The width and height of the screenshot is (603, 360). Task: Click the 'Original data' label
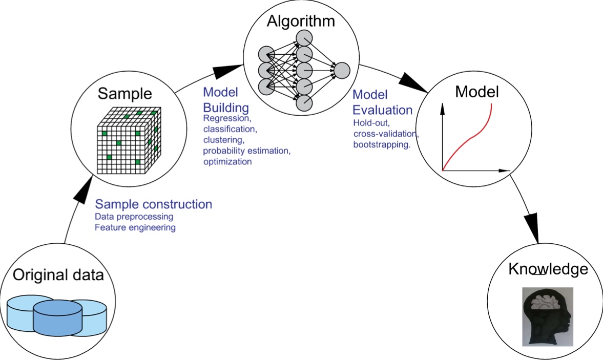click(58, 275)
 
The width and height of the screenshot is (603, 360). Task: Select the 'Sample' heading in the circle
click(125, 94)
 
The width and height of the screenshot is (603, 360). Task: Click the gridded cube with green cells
click(128, 140)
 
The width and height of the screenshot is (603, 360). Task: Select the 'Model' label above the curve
click(476, 92)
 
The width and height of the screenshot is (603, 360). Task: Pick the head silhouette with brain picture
click(547, 316)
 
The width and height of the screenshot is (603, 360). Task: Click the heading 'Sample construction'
click(154, 204)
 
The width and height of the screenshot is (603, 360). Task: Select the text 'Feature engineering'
click(135, 228)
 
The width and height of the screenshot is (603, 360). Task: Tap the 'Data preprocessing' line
click(134, 217)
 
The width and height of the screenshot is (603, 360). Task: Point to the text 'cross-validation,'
click(386, 134)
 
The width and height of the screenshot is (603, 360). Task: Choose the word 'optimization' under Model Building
click(227, 162)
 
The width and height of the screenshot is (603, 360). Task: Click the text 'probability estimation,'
click(246, 151)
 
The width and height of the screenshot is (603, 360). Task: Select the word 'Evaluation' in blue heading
click(383, 110)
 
